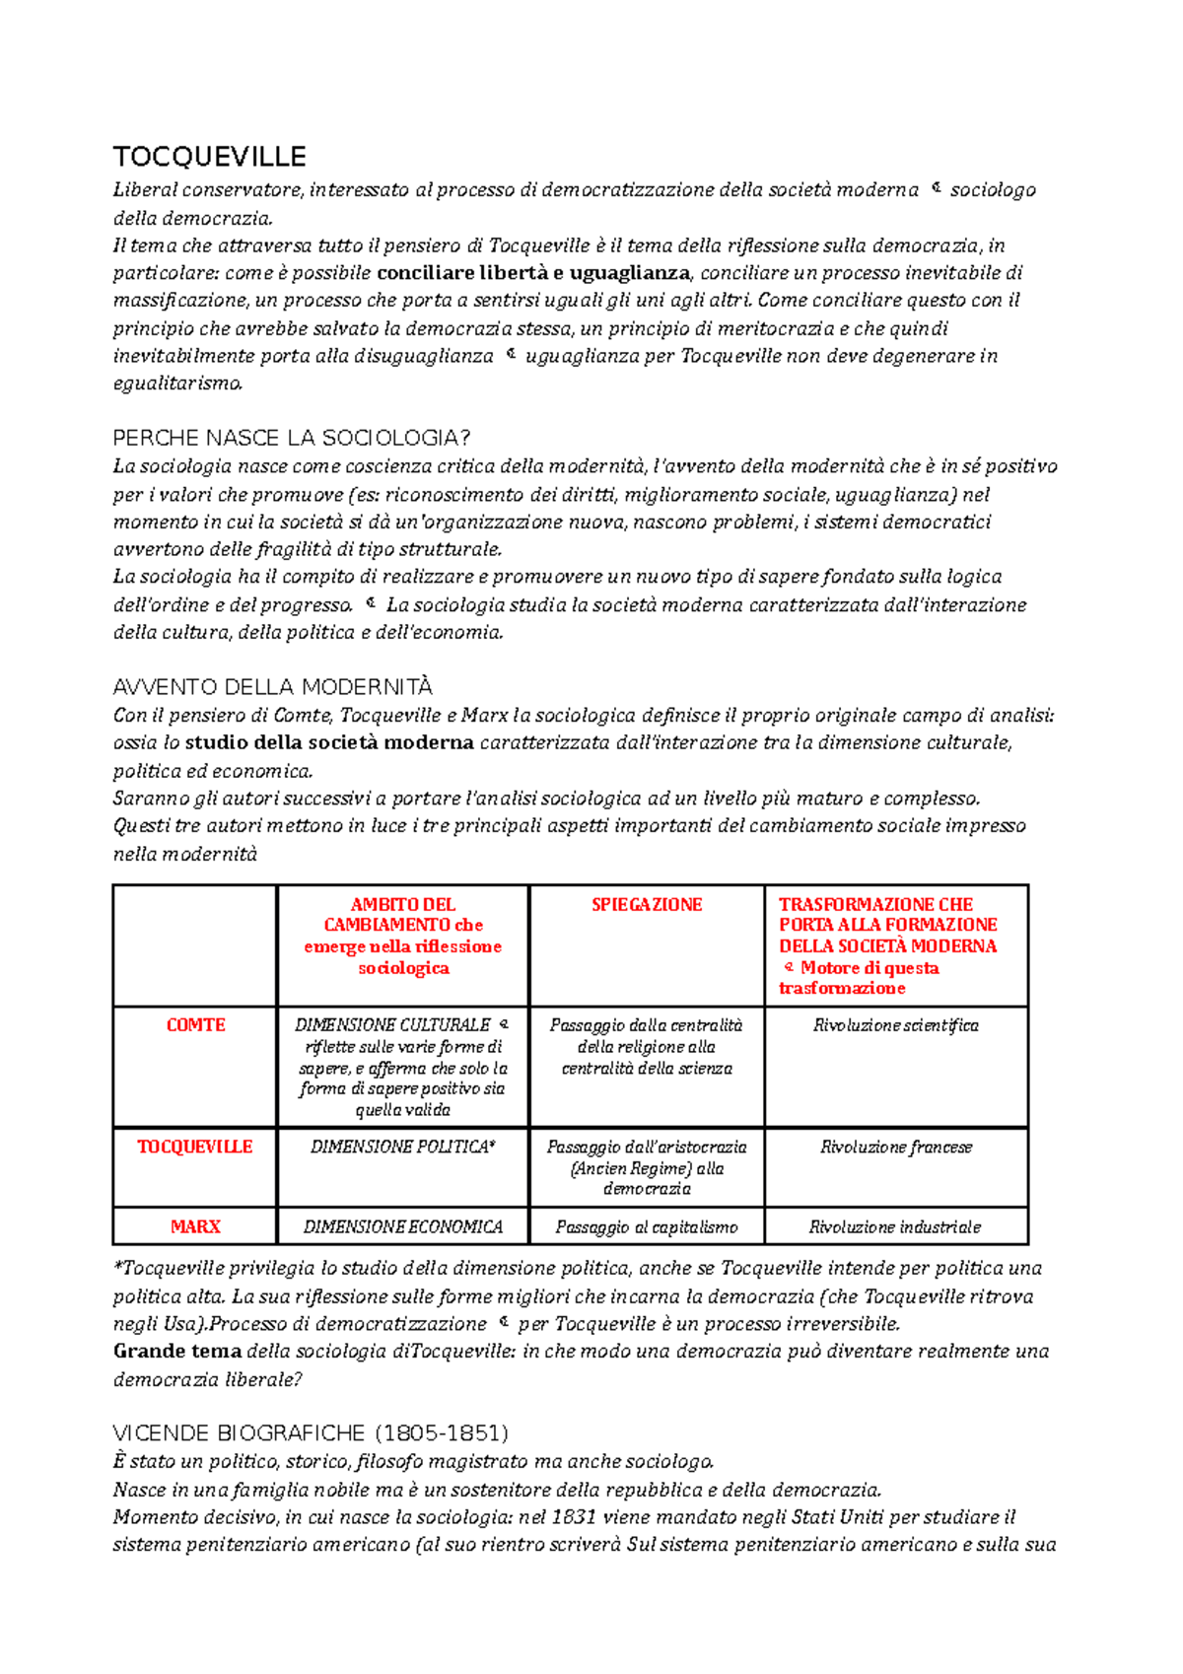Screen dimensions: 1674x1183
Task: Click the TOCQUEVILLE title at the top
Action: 209,157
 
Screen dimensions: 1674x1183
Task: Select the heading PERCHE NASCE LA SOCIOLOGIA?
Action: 292,438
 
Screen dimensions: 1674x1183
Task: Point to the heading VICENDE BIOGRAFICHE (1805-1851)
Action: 311,1432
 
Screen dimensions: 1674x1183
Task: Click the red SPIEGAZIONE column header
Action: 647,905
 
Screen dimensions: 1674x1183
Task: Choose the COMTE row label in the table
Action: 195,1025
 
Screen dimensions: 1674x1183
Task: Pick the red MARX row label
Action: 195,1226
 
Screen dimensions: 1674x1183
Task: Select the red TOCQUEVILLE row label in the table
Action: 195,1147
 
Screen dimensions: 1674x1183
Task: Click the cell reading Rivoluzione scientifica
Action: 895,1025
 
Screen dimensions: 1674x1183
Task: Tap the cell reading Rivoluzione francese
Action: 895,1147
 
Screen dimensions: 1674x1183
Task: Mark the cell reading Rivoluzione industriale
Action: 895,1227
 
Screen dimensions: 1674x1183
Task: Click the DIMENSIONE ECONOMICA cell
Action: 402,1227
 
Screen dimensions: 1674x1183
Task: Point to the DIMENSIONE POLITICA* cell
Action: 402,1147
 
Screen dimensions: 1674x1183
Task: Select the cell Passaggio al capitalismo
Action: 646,1227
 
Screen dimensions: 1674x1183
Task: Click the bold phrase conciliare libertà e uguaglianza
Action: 534,273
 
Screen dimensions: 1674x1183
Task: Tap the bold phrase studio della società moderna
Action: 329,742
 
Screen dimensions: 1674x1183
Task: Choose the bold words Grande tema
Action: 177,1351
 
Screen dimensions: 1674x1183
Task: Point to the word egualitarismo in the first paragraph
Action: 177,384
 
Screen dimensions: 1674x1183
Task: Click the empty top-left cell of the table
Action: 195,945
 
